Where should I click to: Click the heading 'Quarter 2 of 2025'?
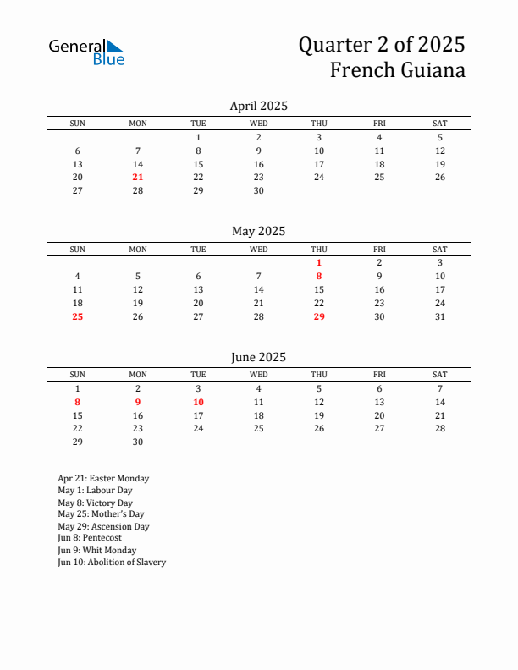tap(381, 44)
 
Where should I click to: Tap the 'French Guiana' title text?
tap(397, 70)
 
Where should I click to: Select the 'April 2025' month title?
tap(258, 106)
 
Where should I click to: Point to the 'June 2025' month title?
tap(258, 357)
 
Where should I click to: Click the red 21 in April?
tap(138, 178)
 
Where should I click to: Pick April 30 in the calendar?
tap(258, 191)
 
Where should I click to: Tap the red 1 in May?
tap(319, 263)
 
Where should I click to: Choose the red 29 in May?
tap(319, 317)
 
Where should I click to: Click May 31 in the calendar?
tap(440, 317)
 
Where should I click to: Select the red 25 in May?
tap(78, 317)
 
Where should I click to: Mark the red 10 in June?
tap(198, 403)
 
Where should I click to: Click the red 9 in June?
tap(138, 403)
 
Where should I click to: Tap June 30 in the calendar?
tap(138, 442)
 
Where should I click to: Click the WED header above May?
tap(258, 250)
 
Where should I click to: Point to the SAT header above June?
tap(440, 375)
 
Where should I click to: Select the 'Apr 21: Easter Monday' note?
tap(103, 479)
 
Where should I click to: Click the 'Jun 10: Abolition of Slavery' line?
tap(112, 563)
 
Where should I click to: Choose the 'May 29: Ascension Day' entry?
tap(103, 526)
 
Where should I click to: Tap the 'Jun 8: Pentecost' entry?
tap(90, 538)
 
